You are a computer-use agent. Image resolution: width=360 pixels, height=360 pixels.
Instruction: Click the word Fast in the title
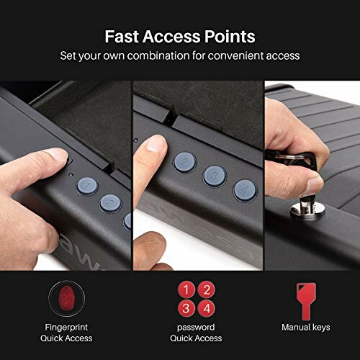[122, 36]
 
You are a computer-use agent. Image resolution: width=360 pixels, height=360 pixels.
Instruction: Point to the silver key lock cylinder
[300, 210]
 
